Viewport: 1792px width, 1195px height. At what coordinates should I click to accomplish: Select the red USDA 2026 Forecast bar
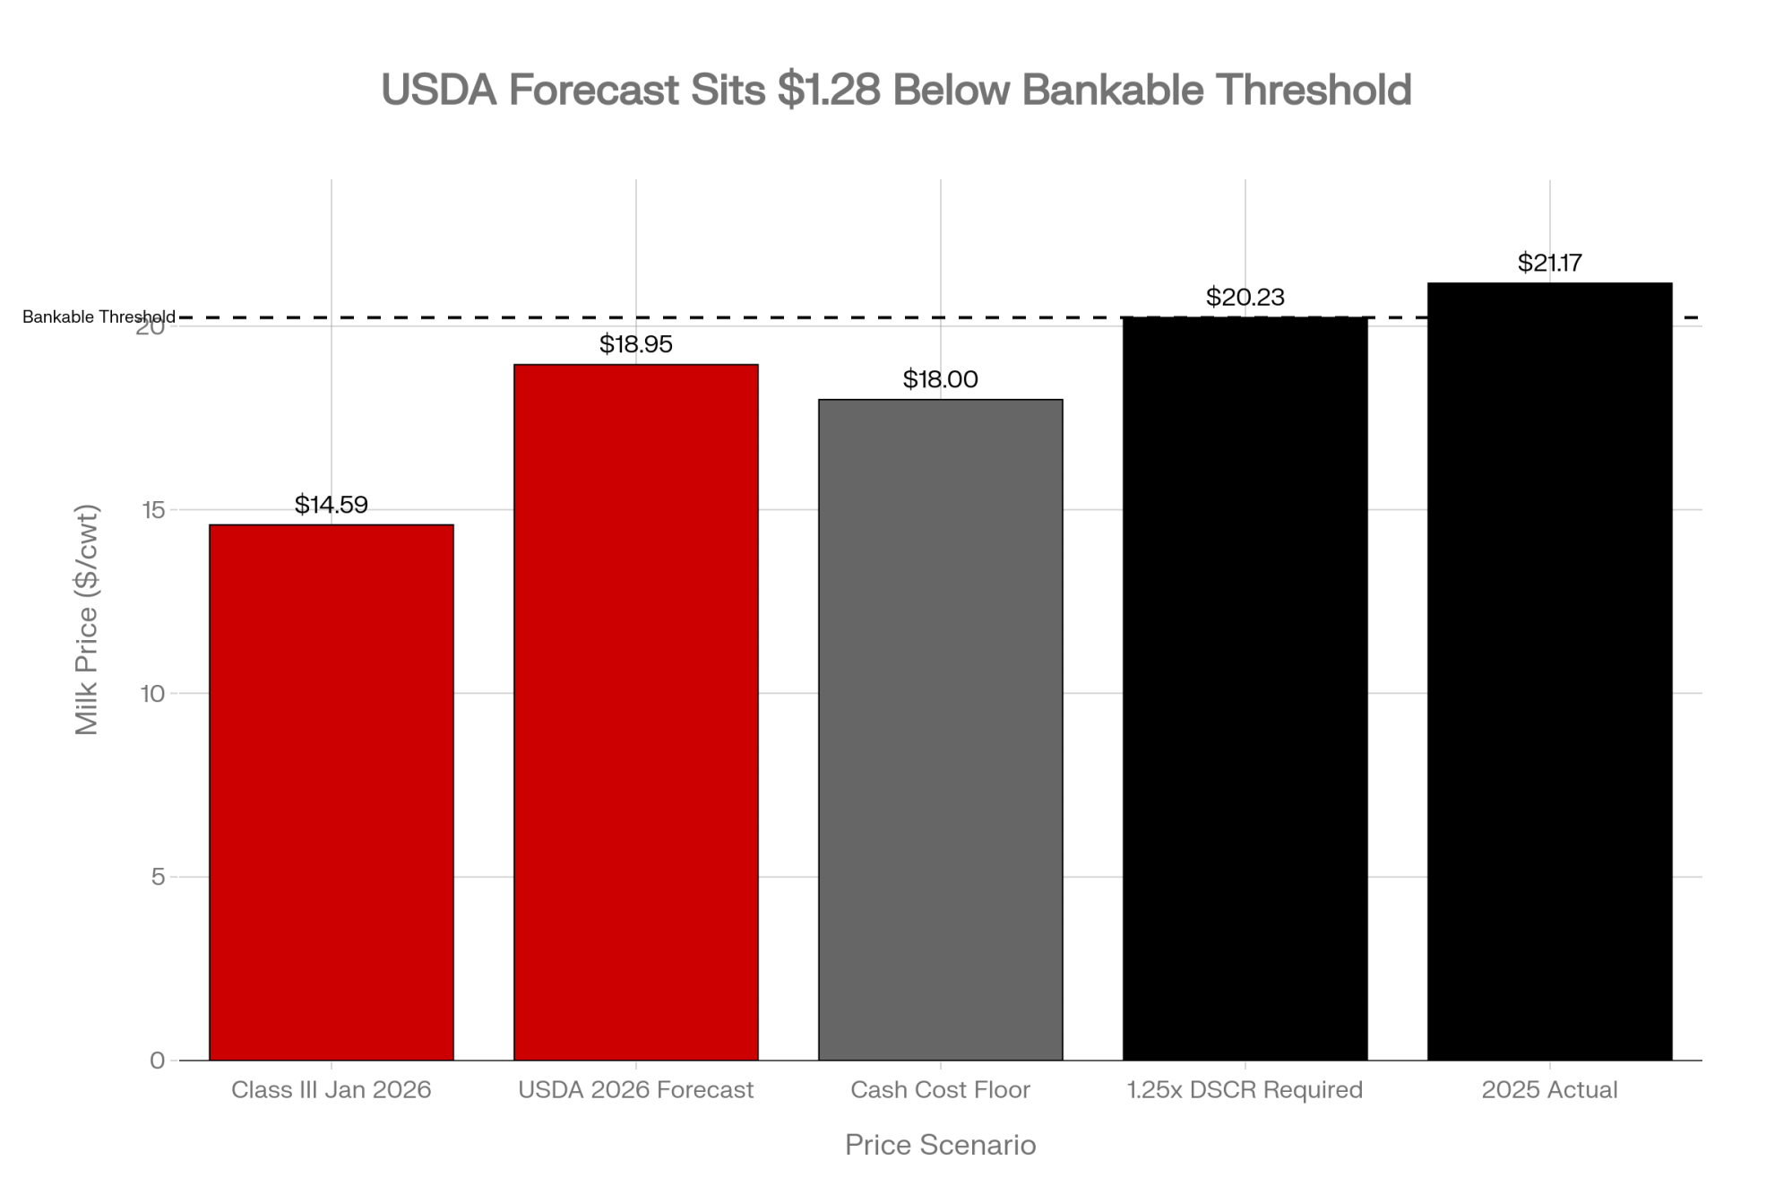point(636,712)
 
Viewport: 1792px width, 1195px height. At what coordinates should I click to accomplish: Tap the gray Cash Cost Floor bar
point(941,730)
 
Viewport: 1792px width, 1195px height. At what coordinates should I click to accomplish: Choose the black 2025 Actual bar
point(1550,671)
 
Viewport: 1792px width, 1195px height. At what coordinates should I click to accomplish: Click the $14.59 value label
point(332,505)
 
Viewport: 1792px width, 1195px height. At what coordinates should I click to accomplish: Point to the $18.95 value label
point(636,344)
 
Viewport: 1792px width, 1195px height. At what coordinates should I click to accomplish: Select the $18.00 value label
point(941,379)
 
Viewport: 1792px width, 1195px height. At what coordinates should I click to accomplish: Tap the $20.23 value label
point(1245,297)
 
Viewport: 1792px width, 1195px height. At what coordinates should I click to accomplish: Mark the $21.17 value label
point(1550,263)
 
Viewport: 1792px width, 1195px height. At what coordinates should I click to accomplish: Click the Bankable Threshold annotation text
point(99,317)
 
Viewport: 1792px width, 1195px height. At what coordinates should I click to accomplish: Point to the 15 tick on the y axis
point(157,510)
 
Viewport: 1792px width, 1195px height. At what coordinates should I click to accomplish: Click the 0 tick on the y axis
point(158,1061)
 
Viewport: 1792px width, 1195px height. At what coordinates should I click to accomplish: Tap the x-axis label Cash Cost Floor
point(941,1090)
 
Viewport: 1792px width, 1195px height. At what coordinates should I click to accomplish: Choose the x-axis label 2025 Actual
point(1550,1090)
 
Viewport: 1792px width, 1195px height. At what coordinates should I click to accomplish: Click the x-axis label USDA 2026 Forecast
point(636,1090)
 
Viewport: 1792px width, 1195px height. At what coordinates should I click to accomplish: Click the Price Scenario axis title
point(941,1145)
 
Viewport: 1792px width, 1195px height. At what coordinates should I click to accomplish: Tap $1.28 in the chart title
point(829,90)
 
